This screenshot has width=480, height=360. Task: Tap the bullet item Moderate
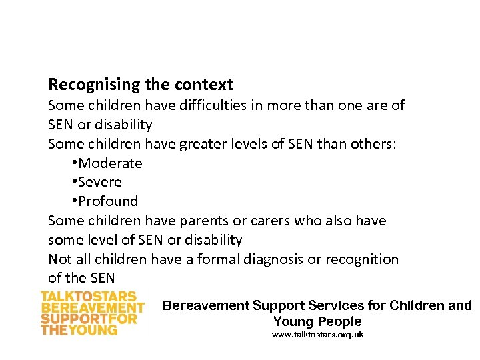(x=110, y=163)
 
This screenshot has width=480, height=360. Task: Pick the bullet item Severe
(x=100, y=182)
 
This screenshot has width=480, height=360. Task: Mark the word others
(x=373, y=144)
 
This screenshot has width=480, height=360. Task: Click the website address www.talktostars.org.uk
(x=317, y=335)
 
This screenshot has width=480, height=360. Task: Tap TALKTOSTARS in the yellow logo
(x=89, y=297)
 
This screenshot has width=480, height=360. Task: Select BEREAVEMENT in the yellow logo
(x=93, y=308)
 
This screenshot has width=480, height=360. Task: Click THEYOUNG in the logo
(x=79, y=329)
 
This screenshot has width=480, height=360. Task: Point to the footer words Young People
(x=317, y=321)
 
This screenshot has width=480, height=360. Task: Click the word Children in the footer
(x=418, y=306)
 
